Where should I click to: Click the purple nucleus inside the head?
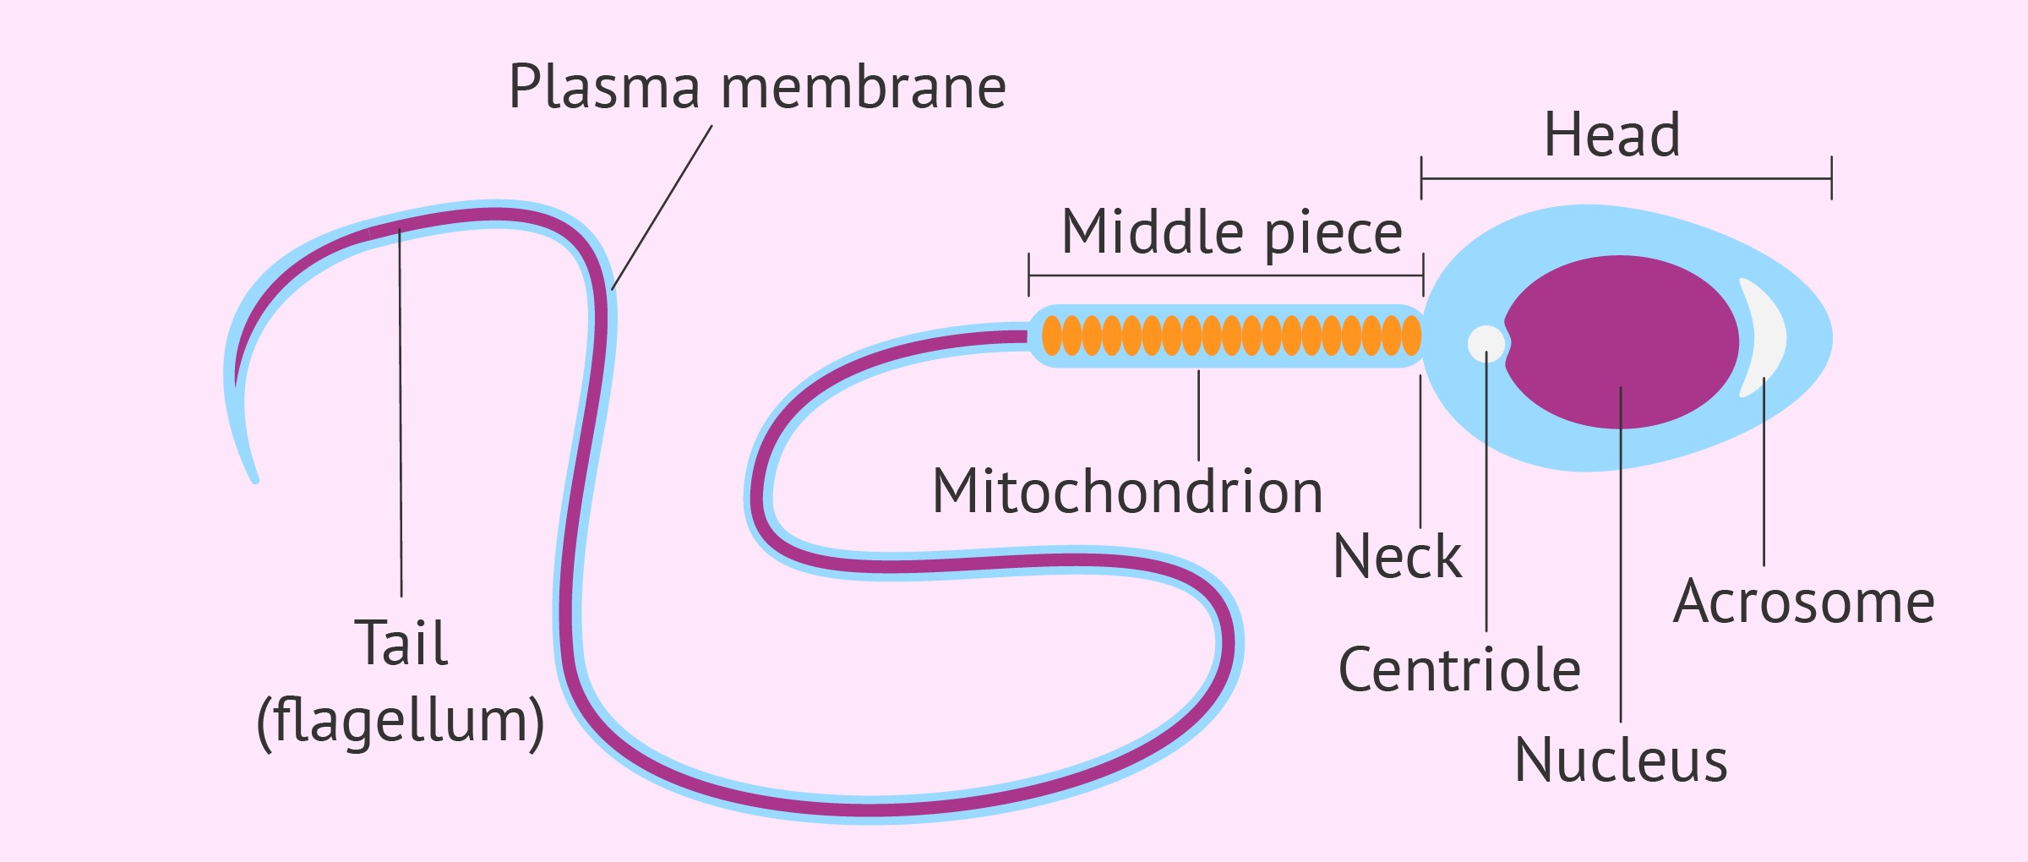click(x=1621, y=341)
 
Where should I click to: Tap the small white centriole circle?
click(x=1486, y=343)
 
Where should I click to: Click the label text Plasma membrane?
click(x=757, y=87)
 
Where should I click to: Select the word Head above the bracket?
click(x=1611, y=135)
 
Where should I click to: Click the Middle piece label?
click(x=1231, y=232)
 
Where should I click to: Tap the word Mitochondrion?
click(x=1127, y=492)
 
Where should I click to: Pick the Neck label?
click(x=1397, y=557)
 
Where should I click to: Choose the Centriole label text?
click(x=1459, y=670)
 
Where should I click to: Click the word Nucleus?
click(x=1621, y=761)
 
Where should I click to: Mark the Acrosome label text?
click(x=1803, y=602)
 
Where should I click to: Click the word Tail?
click(x=401, y=643)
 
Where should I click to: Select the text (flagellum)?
click(x=401, y=721)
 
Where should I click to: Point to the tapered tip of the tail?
click(x=254, y=478)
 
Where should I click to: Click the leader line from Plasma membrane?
click(x=662, y=208)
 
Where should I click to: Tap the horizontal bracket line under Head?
click(x=1626, y=179)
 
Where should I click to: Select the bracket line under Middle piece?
click(x=1225, y=276)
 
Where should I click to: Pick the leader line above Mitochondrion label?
click(x=1199, y=415)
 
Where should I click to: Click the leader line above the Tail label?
click(x=401, y=414)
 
